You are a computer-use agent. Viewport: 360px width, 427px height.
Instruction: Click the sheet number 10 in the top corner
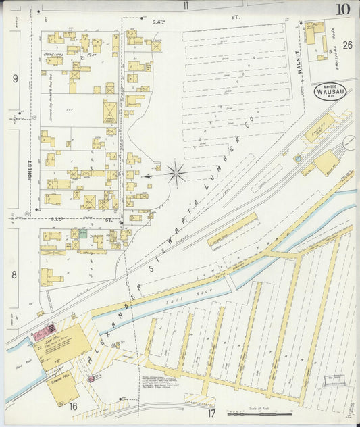coord(342,9)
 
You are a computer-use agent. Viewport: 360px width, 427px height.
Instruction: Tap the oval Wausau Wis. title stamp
coord(330,92)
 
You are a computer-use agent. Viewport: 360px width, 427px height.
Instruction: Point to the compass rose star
coord(176,174)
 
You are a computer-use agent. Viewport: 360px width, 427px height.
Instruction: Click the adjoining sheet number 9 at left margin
coord(14,78)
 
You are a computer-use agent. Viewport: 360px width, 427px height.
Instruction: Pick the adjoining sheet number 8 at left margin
coord(14,274)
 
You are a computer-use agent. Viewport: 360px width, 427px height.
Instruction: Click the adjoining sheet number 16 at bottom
coord(72,405)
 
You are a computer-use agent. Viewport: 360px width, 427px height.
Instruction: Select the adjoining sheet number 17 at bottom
coord(211,413)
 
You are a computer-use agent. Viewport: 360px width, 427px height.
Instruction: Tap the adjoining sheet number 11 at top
coord(185,6)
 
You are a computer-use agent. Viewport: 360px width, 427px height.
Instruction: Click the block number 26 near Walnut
coord(346,46)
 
